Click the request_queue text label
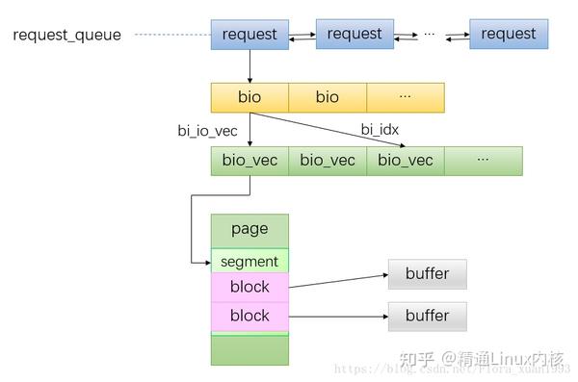click(66, 36)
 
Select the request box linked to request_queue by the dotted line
click(250, 35)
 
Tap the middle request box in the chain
click(355, 34)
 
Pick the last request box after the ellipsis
click(509, 34)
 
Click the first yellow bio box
click(250, 97)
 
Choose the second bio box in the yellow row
click(328, 97)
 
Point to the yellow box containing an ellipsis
click(406, 97)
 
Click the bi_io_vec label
click(208, 130)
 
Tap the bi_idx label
click(380, 129)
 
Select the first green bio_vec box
click(250, 161)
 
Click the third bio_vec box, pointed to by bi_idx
click(406, 161)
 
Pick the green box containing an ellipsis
click(484, 161)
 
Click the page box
click(250, 230)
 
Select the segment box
click(250, 261)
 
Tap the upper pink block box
click(250, 287)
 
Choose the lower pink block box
click(250, 316)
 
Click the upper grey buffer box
click(427, 274)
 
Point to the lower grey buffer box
click(427, 316)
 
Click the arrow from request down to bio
click(250, 65)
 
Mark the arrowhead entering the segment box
click(206, 261)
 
